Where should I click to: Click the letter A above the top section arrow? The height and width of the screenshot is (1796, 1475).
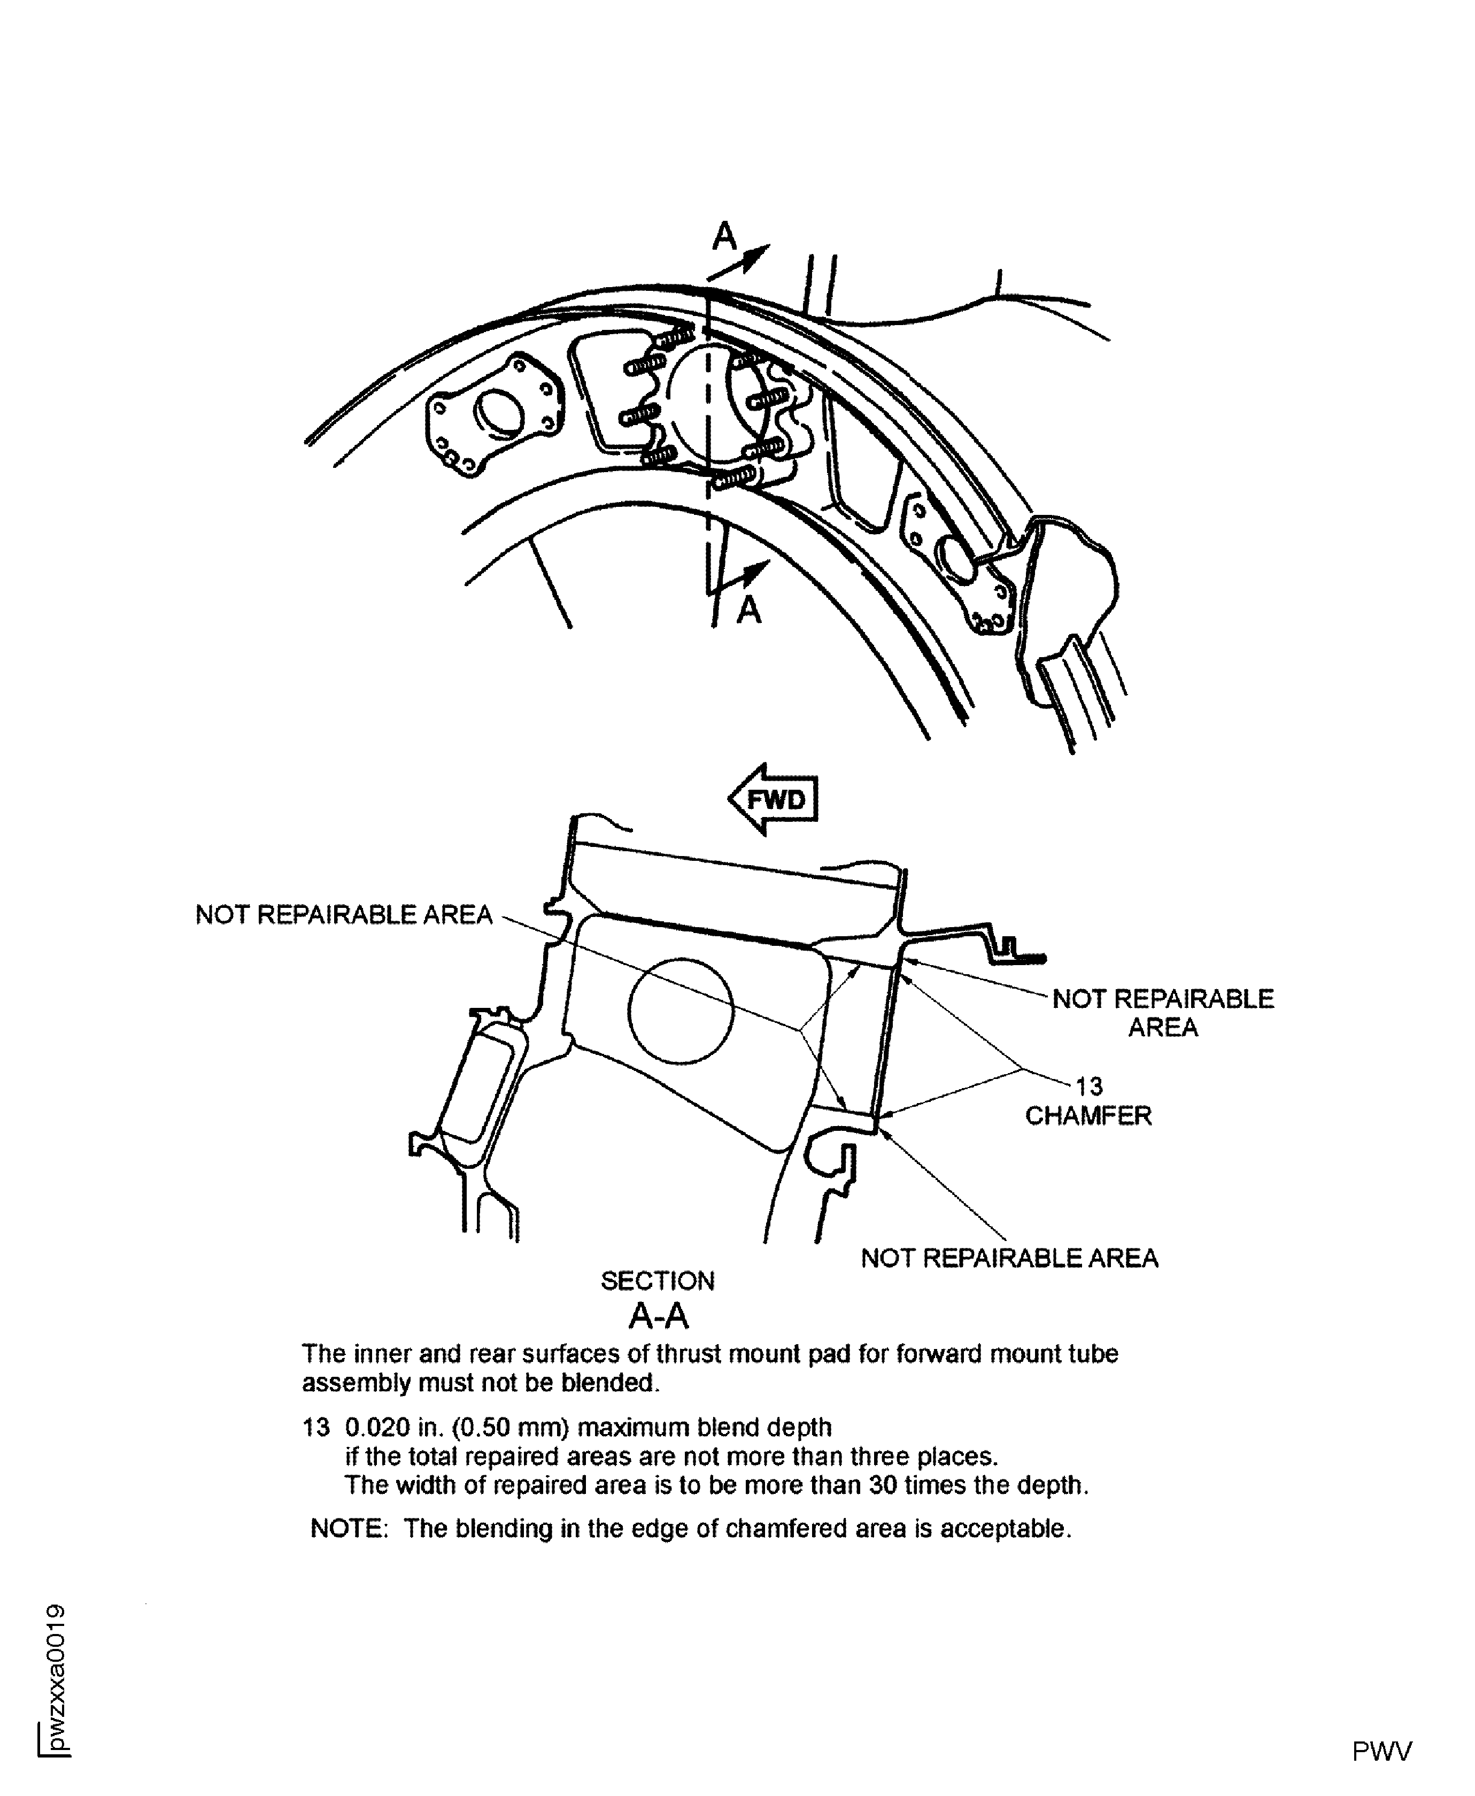click(724, 237)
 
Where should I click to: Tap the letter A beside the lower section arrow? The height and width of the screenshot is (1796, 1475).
click(748, 609)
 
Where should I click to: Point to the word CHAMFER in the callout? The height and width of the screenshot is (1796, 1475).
click(1088, 1115)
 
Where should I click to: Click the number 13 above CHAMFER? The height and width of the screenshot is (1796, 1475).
click(1089, 1086)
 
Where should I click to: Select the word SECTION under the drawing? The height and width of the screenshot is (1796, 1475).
click(658, 1281)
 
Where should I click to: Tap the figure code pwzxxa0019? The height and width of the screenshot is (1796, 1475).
click(56, 1677)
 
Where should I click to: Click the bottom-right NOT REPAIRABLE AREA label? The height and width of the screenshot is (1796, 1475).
click(1009, 1258)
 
